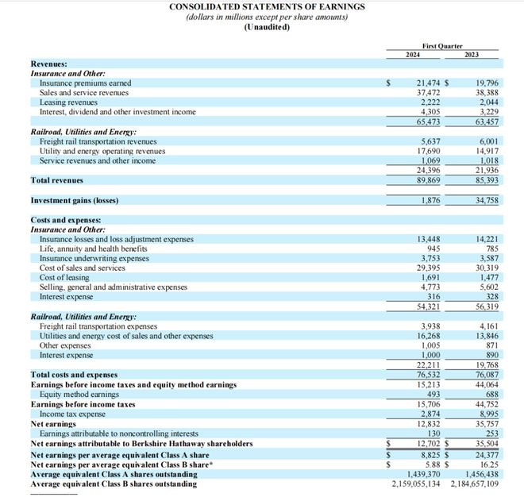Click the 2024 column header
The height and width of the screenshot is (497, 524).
[413, 54]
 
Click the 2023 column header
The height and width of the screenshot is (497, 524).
[472, 54]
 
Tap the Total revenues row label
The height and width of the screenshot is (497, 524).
[58, 181]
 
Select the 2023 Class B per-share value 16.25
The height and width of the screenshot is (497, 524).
[487, 464]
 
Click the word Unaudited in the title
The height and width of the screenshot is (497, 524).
[267, 27]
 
